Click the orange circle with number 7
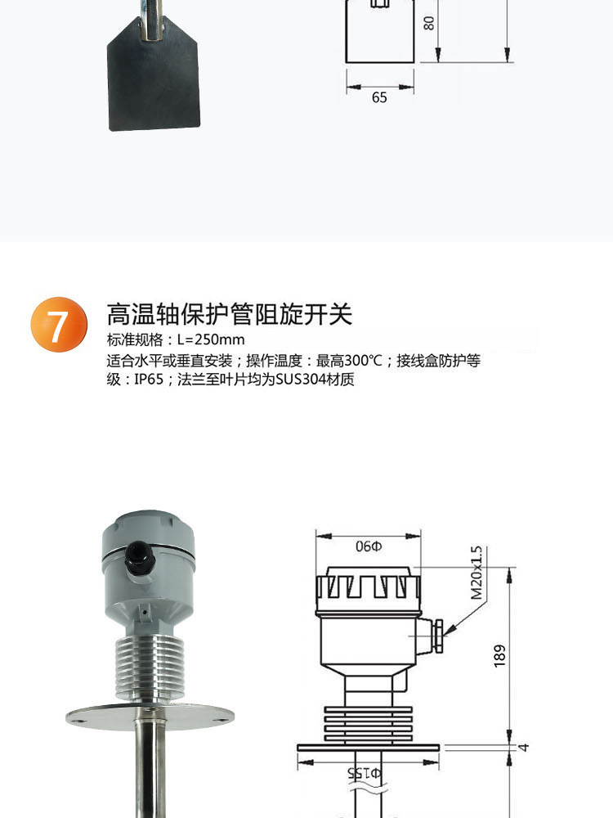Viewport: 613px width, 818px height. (59, 325)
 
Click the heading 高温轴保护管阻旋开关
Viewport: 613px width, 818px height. (229, 314)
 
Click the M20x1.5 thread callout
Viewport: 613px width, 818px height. (477, 573)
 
